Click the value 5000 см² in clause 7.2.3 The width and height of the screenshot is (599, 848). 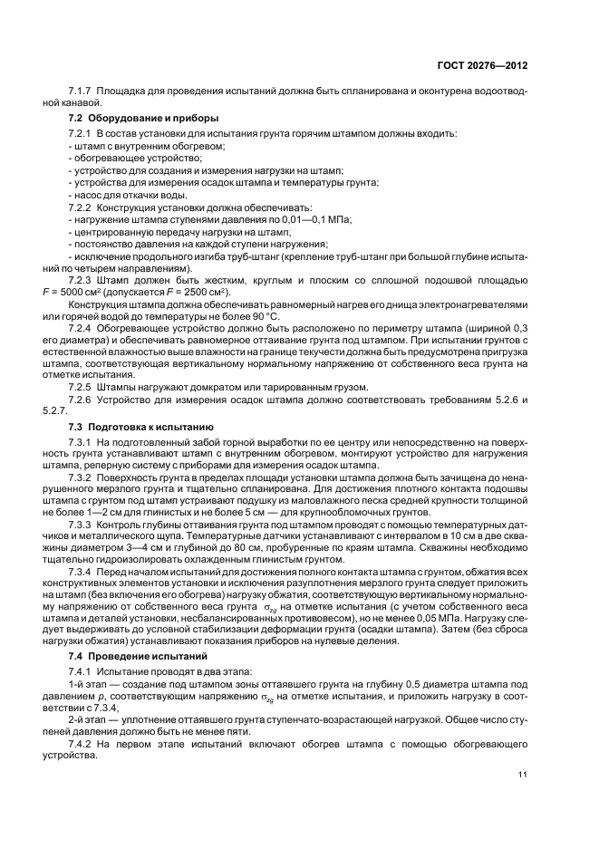click(x=104, y=292)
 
